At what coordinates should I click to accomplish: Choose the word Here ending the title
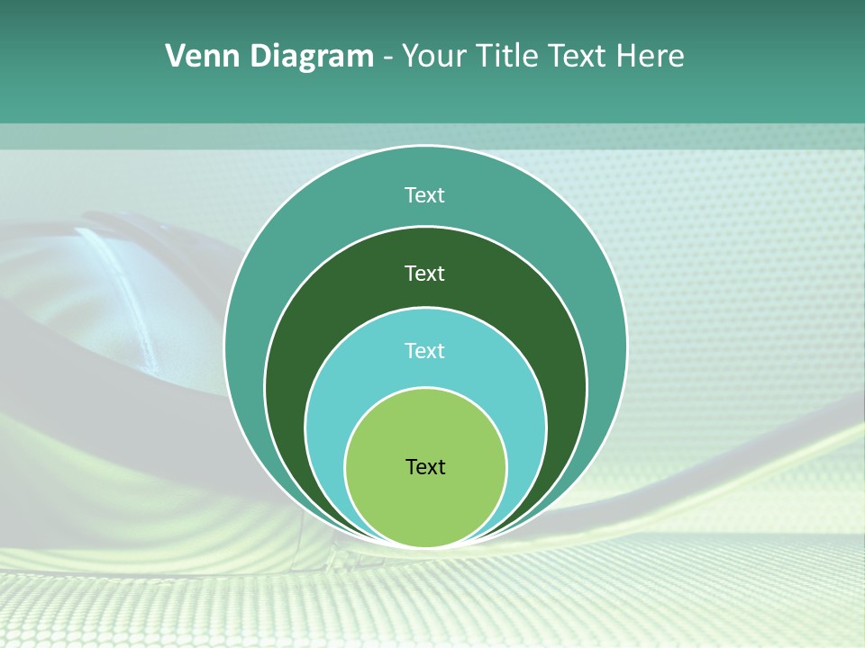[651, 57]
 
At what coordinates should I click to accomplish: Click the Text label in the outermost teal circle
[425, 195]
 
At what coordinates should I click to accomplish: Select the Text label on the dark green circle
[425, 273]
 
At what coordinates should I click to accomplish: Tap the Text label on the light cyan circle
[425, 351]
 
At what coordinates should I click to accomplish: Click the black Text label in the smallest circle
[425, 467]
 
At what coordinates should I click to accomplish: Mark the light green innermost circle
[425, 504]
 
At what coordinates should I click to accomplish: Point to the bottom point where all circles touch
[426, 546]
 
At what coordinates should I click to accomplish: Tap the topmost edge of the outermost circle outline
[426, 146]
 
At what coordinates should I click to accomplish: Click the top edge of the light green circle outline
[426, 388]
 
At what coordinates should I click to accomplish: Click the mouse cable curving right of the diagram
[721, 468]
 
